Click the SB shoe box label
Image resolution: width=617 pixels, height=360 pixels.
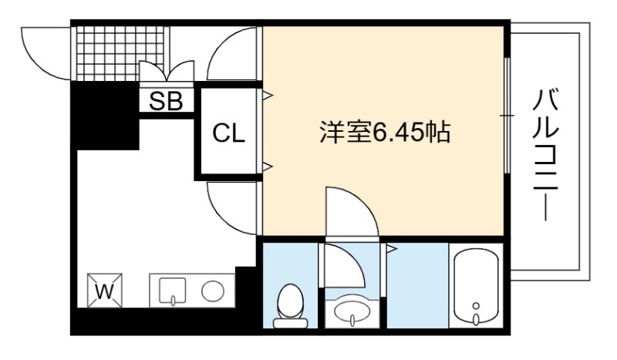(166, 101)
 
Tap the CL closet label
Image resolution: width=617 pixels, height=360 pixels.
(228, 133)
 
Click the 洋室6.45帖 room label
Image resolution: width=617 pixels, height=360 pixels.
(385, 132)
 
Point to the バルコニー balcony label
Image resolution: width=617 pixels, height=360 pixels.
(545, 155)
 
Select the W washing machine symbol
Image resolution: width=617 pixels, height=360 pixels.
(105, 291)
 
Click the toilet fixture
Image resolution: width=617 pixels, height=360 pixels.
(291, 306)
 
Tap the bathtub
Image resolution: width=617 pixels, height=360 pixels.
(476, 287)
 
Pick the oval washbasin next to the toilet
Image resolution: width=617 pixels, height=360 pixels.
(352, 311)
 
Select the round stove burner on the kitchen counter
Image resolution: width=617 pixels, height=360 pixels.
(213, 291)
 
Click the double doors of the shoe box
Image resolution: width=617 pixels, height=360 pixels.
(167, 71)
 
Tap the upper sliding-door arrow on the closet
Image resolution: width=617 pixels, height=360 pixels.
(268, 95)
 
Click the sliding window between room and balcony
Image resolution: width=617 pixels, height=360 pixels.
(507, 116)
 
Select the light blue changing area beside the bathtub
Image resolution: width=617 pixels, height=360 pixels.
(417, 285)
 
